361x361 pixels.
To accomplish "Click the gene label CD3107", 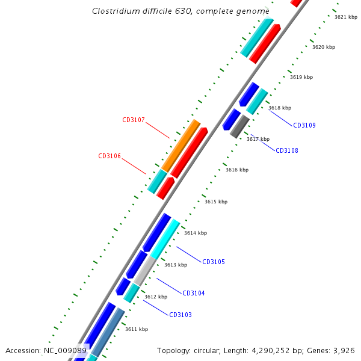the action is [134, 120].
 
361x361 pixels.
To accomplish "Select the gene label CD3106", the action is [110, 156].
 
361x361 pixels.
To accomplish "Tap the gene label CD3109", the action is [304, 126].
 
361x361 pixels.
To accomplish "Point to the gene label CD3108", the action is [287, 151].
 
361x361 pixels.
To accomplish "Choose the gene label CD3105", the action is [214, 262].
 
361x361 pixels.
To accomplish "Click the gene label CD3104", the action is [194, 294].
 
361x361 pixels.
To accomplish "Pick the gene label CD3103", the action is [180, 315].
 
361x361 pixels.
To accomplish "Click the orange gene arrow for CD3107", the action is [180, 146].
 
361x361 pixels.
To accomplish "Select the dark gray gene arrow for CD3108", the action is [239, 126].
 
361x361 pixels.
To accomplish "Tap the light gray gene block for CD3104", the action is [144, 270].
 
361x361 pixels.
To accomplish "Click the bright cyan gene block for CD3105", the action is [165, 239].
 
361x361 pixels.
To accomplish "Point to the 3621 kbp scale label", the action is [346, 17].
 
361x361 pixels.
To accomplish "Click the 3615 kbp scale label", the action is [216, 202].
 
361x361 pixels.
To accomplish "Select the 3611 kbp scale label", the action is [137, 329].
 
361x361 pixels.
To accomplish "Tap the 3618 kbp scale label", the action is [280, 108].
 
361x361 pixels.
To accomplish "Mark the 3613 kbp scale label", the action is [176, 265].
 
